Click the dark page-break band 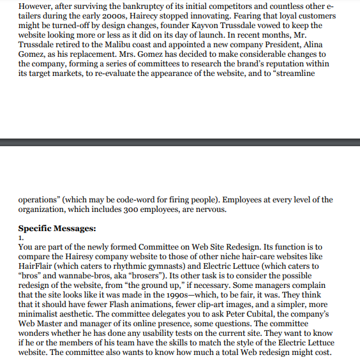pos(180,141)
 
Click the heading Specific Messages pos(57,228)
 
